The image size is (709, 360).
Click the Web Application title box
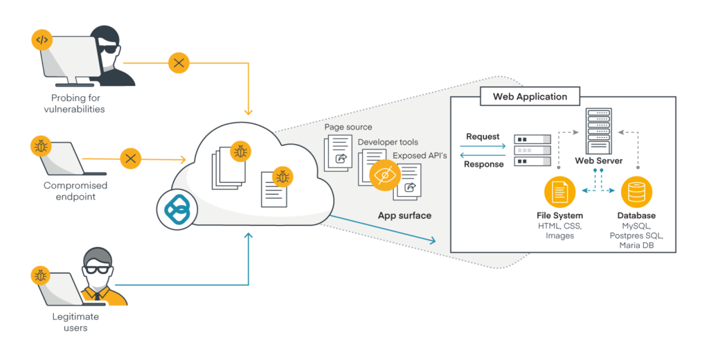click(530, 96)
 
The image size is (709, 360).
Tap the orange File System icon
click(559, 191)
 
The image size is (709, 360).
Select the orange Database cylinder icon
click(636, 191)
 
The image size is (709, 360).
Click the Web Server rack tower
click(599, 131)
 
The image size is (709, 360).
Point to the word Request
click(483, 136)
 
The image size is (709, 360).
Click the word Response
click(483, 164)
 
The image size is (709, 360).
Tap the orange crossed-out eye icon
click(385, 175)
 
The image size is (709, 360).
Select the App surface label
click(404, 216)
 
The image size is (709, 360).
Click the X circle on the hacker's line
click(179, 63)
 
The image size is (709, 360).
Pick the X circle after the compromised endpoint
click(131, 159)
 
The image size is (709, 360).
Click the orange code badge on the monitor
click(42, 40)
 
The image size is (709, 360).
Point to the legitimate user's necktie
click(97, 296)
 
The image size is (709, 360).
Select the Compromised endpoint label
click(75, 191)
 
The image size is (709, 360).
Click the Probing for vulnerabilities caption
click(75, 104)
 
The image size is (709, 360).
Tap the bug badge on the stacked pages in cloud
click(240, 152)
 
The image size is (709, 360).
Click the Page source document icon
click(338, 153)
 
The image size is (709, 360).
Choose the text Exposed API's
click(420, 156)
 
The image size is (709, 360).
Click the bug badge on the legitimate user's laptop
click(40, 276)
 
